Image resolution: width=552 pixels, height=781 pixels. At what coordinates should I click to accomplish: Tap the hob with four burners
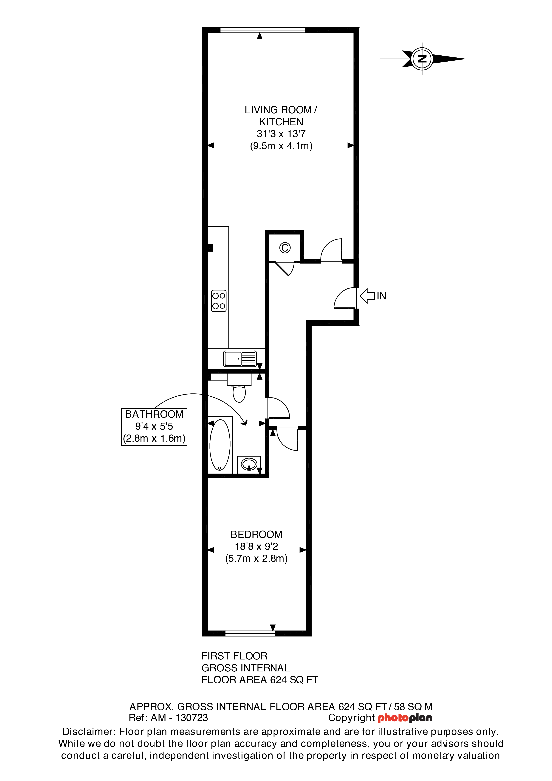pyautogui.click(x=219, y=301)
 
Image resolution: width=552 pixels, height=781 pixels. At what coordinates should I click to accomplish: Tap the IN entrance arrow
pyautogui.click(x=367, y=296)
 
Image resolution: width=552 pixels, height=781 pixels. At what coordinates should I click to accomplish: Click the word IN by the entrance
pyautogui.click(x=381, y=296)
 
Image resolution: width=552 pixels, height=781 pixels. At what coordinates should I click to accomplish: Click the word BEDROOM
pyautogui.click(x=256, y=534)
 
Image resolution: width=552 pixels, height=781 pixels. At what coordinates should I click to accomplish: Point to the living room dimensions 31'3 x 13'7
pyautogui.click(x=281, y=134)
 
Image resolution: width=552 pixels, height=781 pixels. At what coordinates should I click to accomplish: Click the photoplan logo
pyautogui.click(x=405, y=718)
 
